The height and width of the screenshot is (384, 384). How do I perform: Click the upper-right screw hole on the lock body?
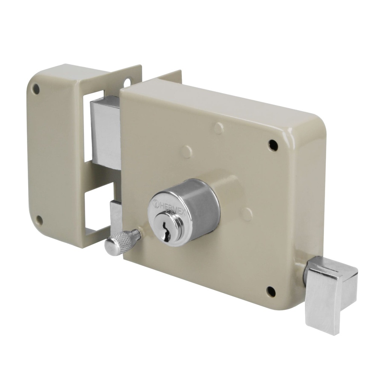point(273,145)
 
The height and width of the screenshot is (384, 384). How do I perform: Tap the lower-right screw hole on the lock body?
point(271,291)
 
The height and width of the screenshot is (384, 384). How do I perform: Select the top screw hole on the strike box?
point(36,89)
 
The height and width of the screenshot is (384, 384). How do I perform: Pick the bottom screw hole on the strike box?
point(39,220)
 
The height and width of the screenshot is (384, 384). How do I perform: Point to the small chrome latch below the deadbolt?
point(116,217)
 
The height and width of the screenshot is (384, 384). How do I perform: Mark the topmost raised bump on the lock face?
point(219,128)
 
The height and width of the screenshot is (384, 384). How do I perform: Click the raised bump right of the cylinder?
point(247,214)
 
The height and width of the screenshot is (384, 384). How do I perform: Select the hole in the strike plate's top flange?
point(127,82)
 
